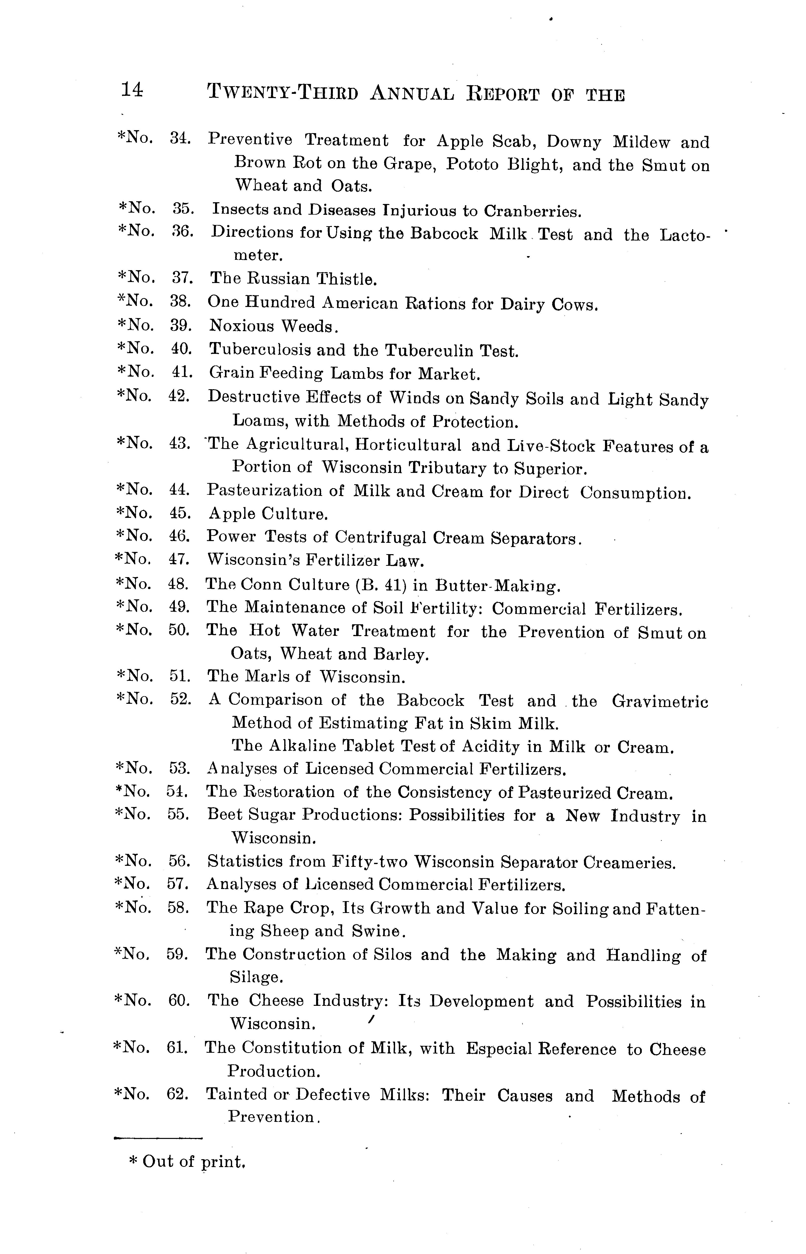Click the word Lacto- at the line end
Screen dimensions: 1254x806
685,235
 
